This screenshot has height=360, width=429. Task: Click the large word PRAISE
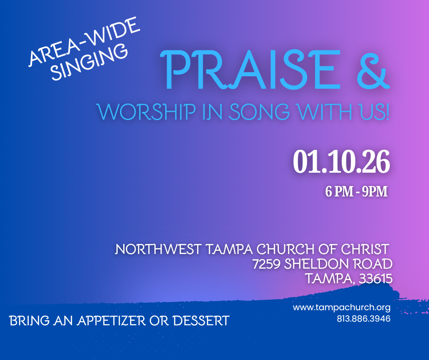250,70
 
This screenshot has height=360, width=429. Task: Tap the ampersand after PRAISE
373,70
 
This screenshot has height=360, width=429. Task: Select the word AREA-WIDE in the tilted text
84,41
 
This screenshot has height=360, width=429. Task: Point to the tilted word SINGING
89,62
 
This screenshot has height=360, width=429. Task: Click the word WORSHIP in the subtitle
146,112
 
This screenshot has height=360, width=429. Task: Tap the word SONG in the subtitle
259,112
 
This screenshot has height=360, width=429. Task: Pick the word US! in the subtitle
374,112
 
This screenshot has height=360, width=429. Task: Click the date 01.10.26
341,162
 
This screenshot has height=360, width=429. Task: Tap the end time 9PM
375,191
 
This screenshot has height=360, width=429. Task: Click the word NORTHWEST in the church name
158,249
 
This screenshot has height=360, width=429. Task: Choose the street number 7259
266,264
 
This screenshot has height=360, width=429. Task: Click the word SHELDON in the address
317,264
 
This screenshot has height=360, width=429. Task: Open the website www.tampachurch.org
341,307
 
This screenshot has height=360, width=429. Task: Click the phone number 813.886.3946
364,318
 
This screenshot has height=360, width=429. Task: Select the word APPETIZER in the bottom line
111,321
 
